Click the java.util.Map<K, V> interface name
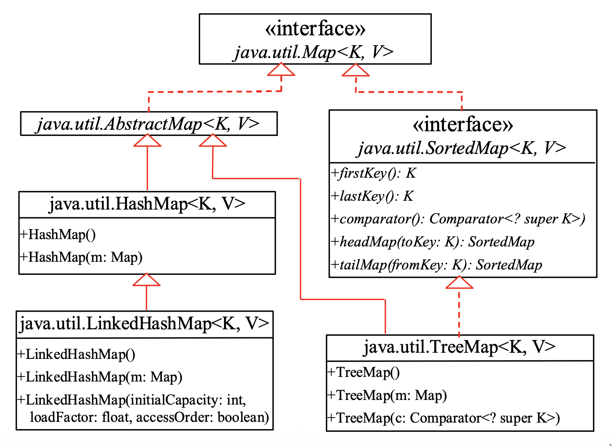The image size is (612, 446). coord(314,52)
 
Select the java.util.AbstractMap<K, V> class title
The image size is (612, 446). coord(148,124)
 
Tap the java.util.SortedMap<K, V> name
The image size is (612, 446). coord(462,148)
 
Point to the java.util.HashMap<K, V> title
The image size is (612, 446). coord(147,204)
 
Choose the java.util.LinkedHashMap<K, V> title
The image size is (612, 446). coord(144,324)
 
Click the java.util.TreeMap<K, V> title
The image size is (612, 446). coord(459,347)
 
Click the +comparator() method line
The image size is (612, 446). coord(458,219)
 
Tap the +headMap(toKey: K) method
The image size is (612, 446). coord(433,242)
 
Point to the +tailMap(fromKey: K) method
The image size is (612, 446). coord(436,265)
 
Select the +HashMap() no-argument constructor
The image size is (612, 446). coord(58,235)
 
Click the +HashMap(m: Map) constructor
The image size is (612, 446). coord(81,257)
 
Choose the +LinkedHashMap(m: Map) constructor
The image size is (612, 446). coord(100,377)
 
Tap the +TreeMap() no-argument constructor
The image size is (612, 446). coord(364,372)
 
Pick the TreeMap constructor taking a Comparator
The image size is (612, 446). coord(443,418)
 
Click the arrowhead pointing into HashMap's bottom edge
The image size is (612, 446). coord(146,280)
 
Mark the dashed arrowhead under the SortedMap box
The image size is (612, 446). coord(459,282)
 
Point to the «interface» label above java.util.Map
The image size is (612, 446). coord(315,29)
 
